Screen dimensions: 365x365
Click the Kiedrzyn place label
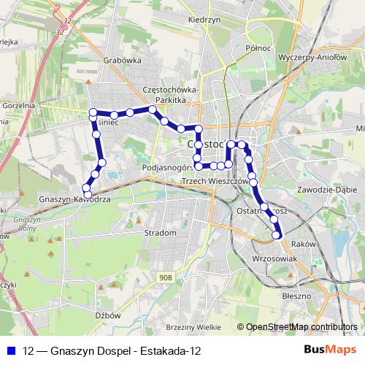[x=204, y=20]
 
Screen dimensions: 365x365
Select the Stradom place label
[x=161, y=233]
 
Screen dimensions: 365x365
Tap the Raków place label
[x=301, y=245]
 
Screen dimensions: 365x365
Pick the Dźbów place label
[x=108, y=315]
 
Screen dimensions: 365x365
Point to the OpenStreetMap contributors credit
[x=301, y=327]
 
